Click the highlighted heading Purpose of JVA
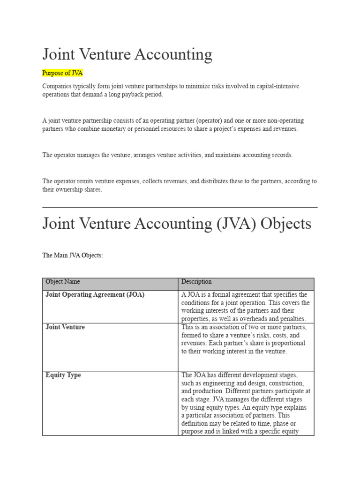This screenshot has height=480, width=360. tap(62, 73)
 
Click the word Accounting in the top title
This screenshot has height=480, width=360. tap(173, 55)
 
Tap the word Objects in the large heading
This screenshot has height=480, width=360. tap(286, 224)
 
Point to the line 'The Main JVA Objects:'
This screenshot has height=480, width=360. tap(72, 255)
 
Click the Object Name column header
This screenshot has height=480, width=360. tap(62, 282)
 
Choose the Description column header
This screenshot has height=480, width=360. tap(196, 282)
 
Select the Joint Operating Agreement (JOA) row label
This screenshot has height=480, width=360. tap(95, 295)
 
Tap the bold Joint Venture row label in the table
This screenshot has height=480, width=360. tap(65, 327)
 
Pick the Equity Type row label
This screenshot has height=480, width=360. tap(63, 375)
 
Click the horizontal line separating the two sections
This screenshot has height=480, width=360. tap(180, 207)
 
